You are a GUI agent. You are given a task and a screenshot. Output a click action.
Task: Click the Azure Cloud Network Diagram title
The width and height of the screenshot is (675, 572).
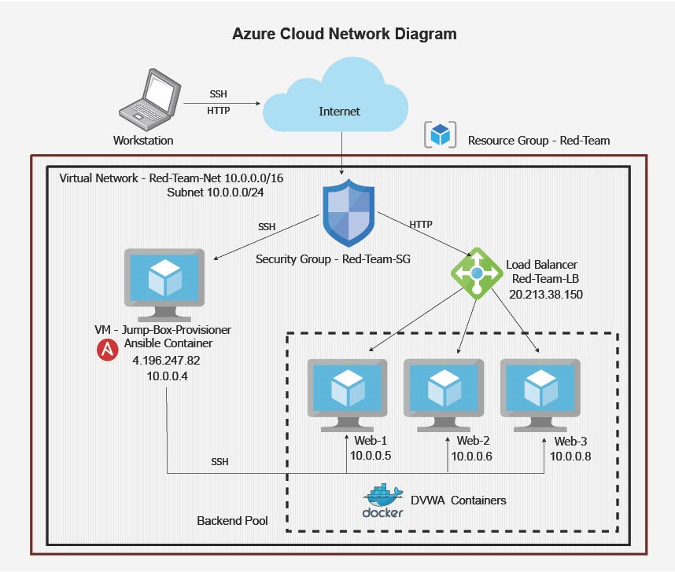pos(345,35)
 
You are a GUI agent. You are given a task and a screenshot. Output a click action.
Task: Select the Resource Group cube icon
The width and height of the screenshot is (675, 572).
pos(440,134)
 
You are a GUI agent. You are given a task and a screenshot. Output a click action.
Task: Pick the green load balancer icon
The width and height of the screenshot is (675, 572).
pos(477,273)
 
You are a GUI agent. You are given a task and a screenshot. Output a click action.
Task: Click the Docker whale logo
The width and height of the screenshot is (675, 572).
pos(383,500)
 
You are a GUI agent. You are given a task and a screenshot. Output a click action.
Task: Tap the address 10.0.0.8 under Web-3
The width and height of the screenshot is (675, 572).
pos(570,456)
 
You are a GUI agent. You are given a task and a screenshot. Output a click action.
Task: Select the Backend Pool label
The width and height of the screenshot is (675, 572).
pos(233,521)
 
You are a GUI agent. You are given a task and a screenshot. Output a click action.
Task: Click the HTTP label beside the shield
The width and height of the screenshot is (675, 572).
pos(421,225)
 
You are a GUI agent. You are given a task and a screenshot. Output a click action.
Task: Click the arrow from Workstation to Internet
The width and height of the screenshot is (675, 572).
pos(221,102)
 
